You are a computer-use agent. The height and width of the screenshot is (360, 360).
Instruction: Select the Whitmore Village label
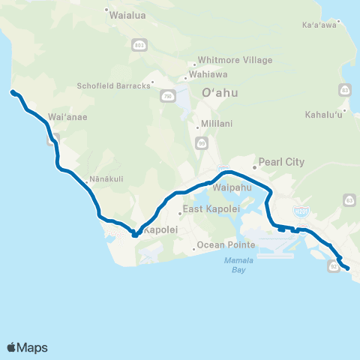pos(234,60)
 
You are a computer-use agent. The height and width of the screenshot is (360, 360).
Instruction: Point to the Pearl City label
pos(280,161)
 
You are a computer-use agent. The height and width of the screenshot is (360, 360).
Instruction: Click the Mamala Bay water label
pos(229,263)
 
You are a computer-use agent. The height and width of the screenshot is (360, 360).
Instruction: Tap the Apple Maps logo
pos(27,347)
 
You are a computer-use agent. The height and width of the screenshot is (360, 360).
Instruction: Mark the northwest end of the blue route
pos(12,92)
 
